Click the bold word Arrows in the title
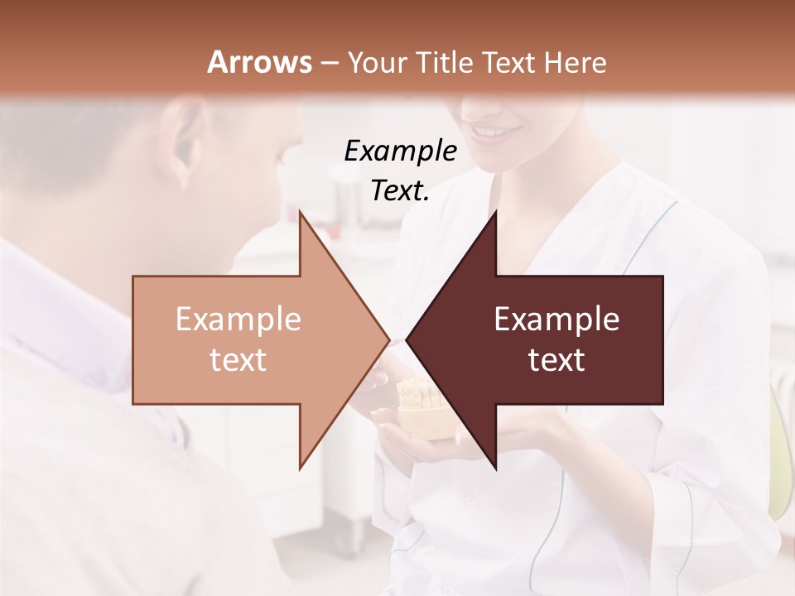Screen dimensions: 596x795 pyautogui.click(x=260, y=62)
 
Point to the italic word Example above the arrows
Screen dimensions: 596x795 pyautogui.click(x=400, y=151)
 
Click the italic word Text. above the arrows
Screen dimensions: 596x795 pyautogui.click(x=400, y=190)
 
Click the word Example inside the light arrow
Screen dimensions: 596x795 pyautogui.click(x=238, y=320)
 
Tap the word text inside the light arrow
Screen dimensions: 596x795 pyautogui.click(x=238, y=360)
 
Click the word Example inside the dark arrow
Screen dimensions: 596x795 pyautogui.click(x=556, y=320)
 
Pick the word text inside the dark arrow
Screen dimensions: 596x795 pyautogui.click(x=556, y=360)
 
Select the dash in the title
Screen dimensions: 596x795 pyautogui.click(x=329, y=63)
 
